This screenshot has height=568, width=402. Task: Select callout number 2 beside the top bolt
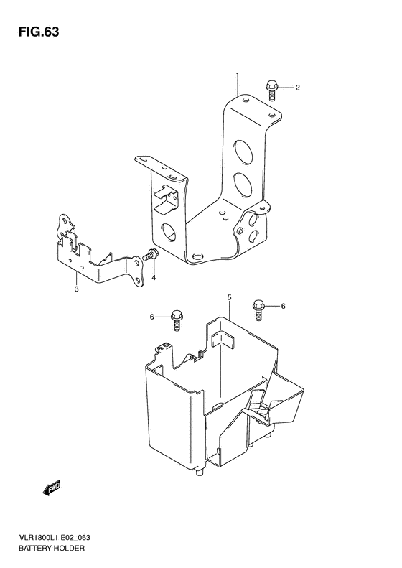(296, 88)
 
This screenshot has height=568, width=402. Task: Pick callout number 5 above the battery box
(229, 297)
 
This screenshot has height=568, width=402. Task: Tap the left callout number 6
(151, 317)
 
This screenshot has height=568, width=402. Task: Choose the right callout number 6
(283, 307)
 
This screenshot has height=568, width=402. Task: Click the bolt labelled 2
(273, 88)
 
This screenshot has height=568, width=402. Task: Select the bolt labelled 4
(151, 254)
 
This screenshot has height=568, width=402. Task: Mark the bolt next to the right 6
(257, 308)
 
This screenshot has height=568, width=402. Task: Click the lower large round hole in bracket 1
(241, 186)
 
